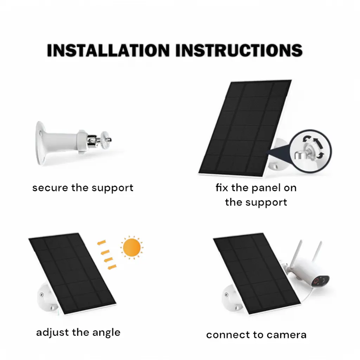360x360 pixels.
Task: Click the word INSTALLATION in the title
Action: (108, 50)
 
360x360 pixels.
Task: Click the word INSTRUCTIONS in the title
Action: (239, 50)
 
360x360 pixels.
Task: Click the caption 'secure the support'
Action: (83, 188)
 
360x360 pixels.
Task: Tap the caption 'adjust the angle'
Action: (78, 332)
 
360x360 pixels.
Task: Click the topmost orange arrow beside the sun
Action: (102, 242)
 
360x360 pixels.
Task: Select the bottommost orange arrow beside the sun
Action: (111, 268)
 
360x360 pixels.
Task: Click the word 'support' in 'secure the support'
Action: (113, 188)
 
